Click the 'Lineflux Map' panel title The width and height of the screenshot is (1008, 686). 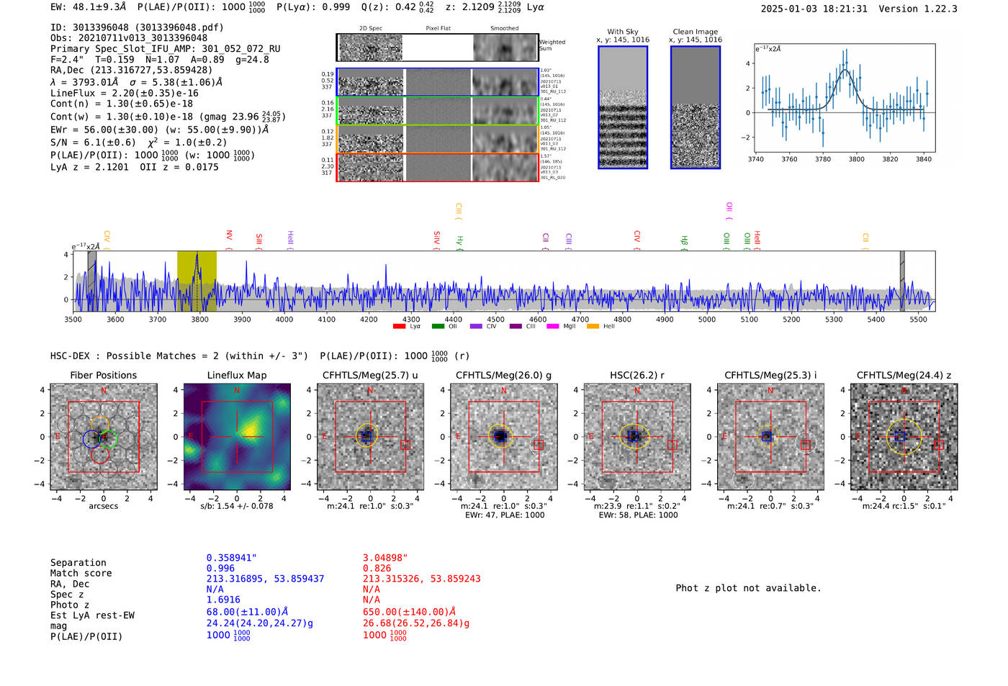236,375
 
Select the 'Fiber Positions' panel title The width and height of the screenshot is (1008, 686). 103,375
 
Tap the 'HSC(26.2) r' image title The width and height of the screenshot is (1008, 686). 636,375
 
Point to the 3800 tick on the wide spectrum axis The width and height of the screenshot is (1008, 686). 199,320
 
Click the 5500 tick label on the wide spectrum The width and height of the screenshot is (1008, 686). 918,320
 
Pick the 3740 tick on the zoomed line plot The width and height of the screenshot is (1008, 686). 756,159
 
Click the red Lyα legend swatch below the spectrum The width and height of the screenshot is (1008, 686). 399,327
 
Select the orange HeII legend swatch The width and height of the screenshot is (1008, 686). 593,327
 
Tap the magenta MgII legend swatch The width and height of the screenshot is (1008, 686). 553,327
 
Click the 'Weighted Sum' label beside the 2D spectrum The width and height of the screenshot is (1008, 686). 552,45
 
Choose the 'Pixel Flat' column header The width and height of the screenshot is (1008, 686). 438,29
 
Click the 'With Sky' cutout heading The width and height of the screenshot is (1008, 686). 622,32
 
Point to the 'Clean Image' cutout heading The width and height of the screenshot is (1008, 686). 695,32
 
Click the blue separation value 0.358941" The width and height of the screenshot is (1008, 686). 231,558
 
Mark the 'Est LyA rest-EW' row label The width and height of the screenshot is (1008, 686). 92,615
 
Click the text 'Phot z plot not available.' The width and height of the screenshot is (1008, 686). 748,588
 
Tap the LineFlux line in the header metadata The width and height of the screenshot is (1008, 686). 125,93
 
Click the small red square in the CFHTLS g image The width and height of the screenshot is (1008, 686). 539,445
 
